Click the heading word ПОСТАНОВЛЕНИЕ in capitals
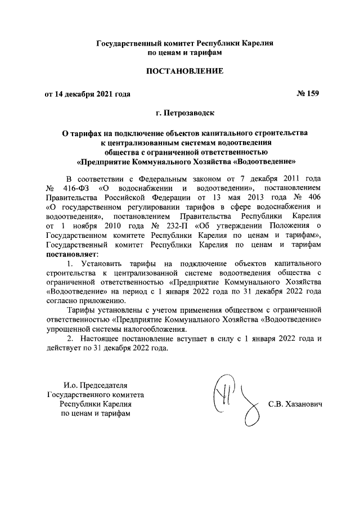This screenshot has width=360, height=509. (x=185, y=71)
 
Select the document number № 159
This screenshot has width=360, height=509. (x=307, y=93)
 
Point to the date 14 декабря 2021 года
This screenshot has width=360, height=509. (x=93, y=94)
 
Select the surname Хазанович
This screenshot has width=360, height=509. (x=301, y=405)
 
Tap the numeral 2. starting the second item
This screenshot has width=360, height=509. (x=70, y=339)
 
